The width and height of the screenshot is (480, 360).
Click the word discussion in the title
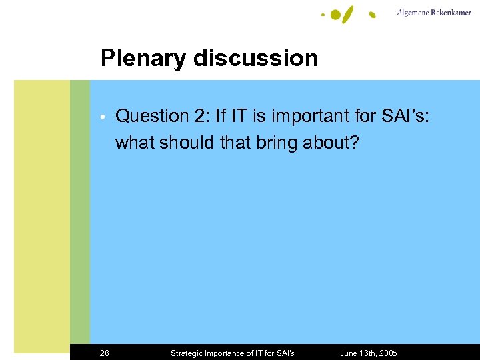pos(256,58)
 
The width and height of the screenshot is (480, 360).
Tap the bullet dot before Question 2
pos(103,117)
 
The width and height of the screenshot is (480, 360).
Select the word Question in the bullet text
pos(152,116)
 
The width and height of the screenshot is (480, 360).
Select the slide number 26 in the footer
pos(105,353)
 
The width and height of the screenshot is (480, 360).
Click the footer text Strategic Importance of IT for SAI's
pos(233,353)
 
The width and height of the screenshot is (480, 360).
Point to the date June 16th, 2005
pos(368,353)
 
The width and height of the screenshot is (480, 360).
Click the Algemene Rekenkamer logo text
pos(433,13)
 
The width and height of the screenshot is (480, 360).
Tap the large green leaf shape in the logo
pos(349,14)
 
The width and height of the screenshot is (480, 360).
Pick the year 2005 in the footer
pos(387,353)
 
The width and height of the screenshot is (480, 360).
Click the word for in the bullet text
pos(364,116)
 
